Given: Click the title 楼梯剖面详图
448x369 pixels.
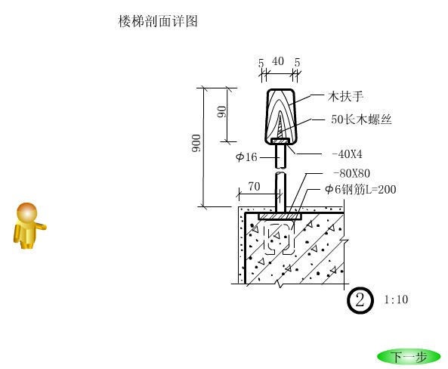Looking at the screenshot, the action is [x=158, y=21].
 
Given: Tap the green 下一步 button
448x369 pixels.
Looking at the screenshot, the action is [x=409, y=357].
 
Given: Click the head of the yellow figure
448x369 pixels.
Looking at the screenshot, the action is [x=27, y=212].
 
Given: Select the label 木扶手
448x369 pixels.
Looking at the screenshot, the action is [x=345, y=96].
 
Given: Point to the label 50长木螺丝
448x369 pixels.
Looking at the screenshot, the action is [x=361, y=119].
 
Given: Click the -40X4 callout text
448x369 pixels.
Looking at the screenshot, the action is [x=347, y=154].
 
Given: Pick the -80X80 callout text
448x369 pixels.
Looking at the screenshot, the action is [x=352, y=173].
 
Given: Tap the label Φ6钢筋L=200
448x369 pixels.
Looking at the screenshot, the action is [x=360, y=189].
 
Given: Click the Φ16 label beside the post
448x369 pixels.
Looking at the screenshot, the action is [x=246, y=157].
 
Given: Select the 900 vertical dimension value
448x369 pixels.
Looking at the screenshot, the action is [x=196, y=143].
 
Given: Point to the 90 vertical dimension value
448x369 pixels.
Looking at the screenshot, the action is [x=221, y=112].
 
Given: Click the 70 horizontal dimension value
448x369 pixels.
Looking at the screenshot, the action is [x=254, y=186].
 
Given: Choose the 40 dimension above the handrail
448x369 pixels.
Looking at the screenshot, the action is [x=278, y=61].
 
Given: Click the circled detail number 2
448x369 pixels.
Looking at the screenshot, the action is [x=360, y=300].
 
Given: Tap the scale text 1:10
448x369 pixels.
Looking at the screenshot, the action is [x=396, y=299].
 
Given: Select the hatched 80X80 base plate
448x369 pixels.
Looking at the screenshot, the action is [x=280, y=216].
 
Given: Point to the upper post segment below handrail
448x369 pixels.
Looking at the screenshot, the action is [x=280, y=157].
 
